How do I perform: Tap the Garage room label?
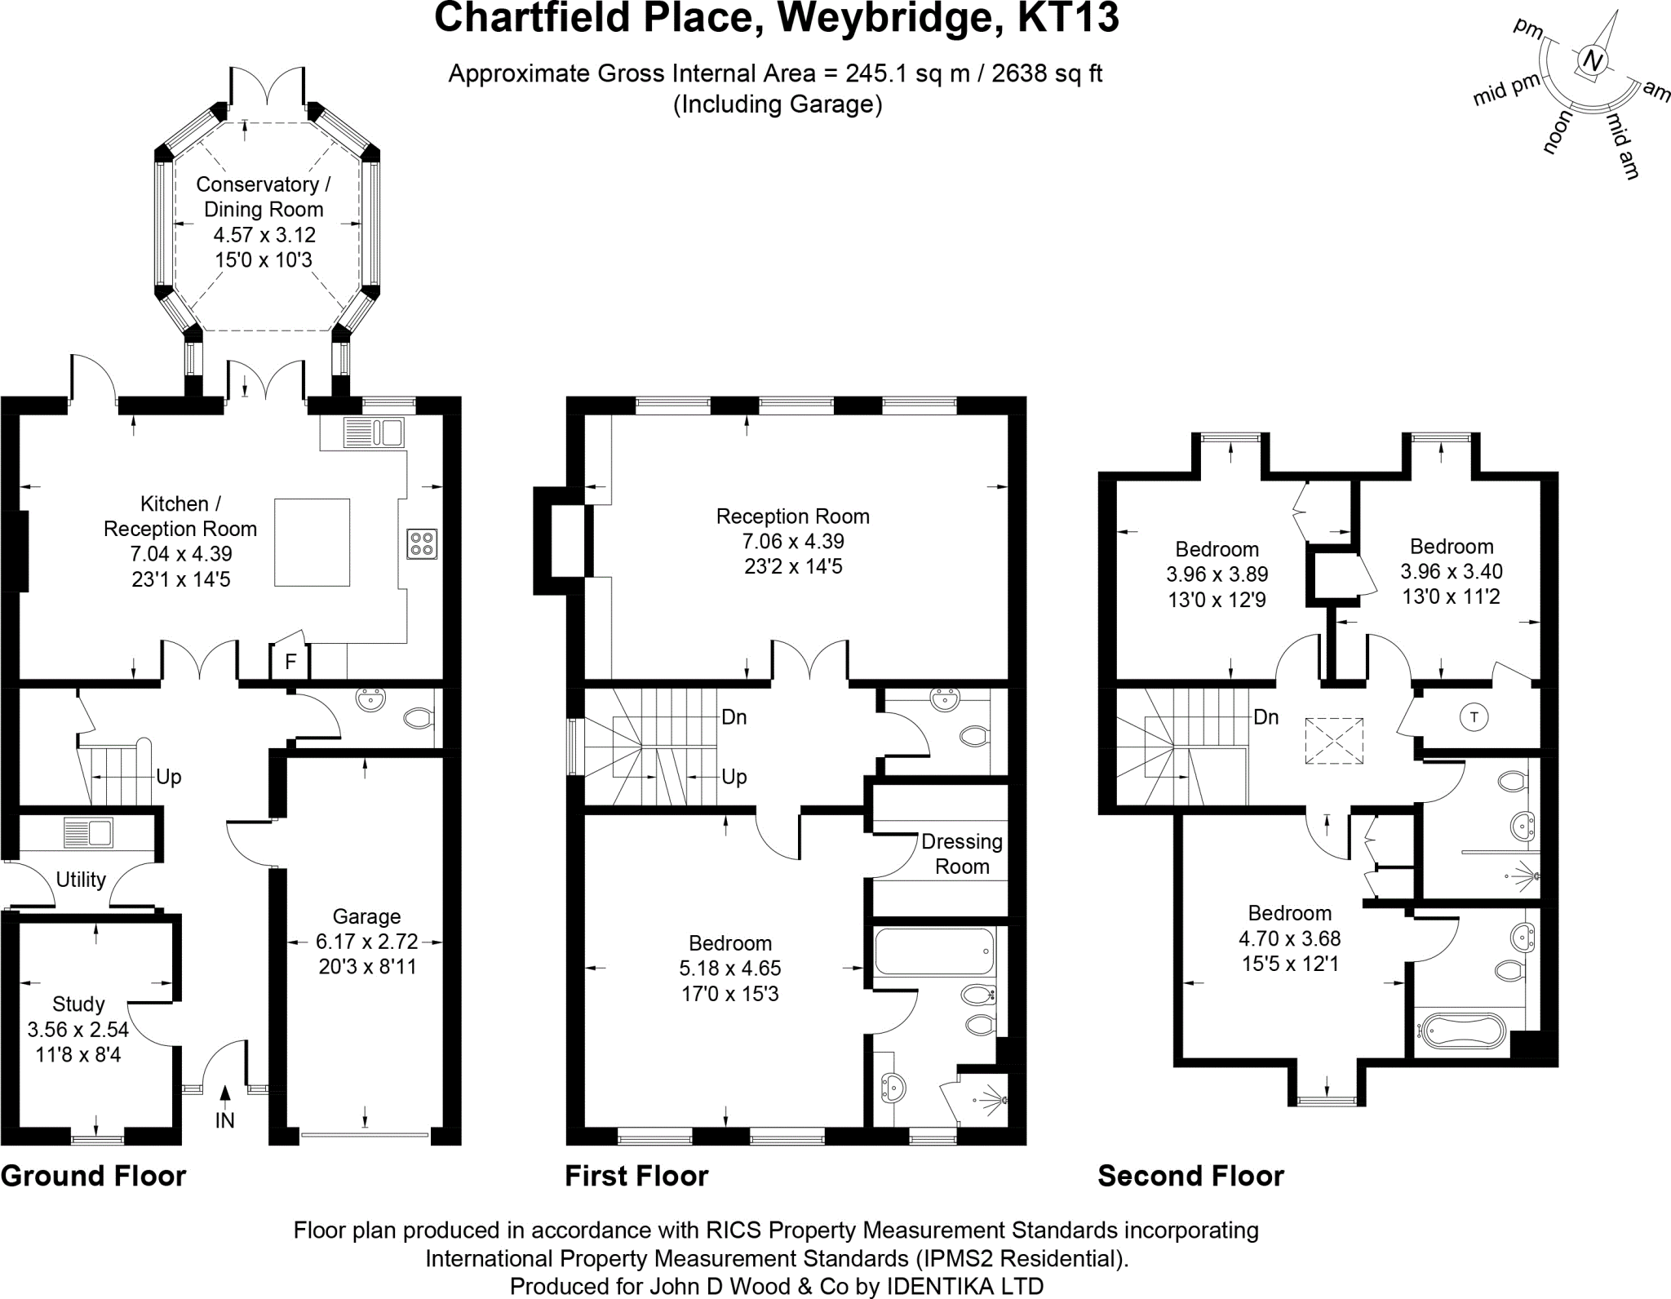(x=366, y=916)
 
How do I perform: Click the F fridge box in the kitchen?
(x=290, y=662)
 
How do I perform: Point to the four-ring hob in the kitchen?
(x=423, y=543)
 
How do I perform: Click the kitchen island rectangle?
(x=312, y=543)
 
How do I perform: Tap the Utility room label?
(x=81, y=880)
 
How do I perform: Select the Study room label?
(x=78, y=1004)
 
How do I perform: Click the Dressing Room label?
(x=962, y=853)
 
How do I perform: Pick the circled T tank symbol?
(x=1474, y=718)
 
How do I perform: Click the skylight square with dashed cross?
(x=1334, y=741)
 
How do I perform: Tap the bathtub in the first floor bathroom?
(x=934, y=951)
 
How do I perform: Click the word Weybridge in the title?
(x=890, y=18)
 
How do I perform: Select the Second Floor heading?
(x=1190, y=1176)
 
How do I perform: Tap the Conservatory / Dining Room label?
(x=264, y=197)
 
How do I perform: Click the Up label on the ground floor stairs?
(x=168, y=777)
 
